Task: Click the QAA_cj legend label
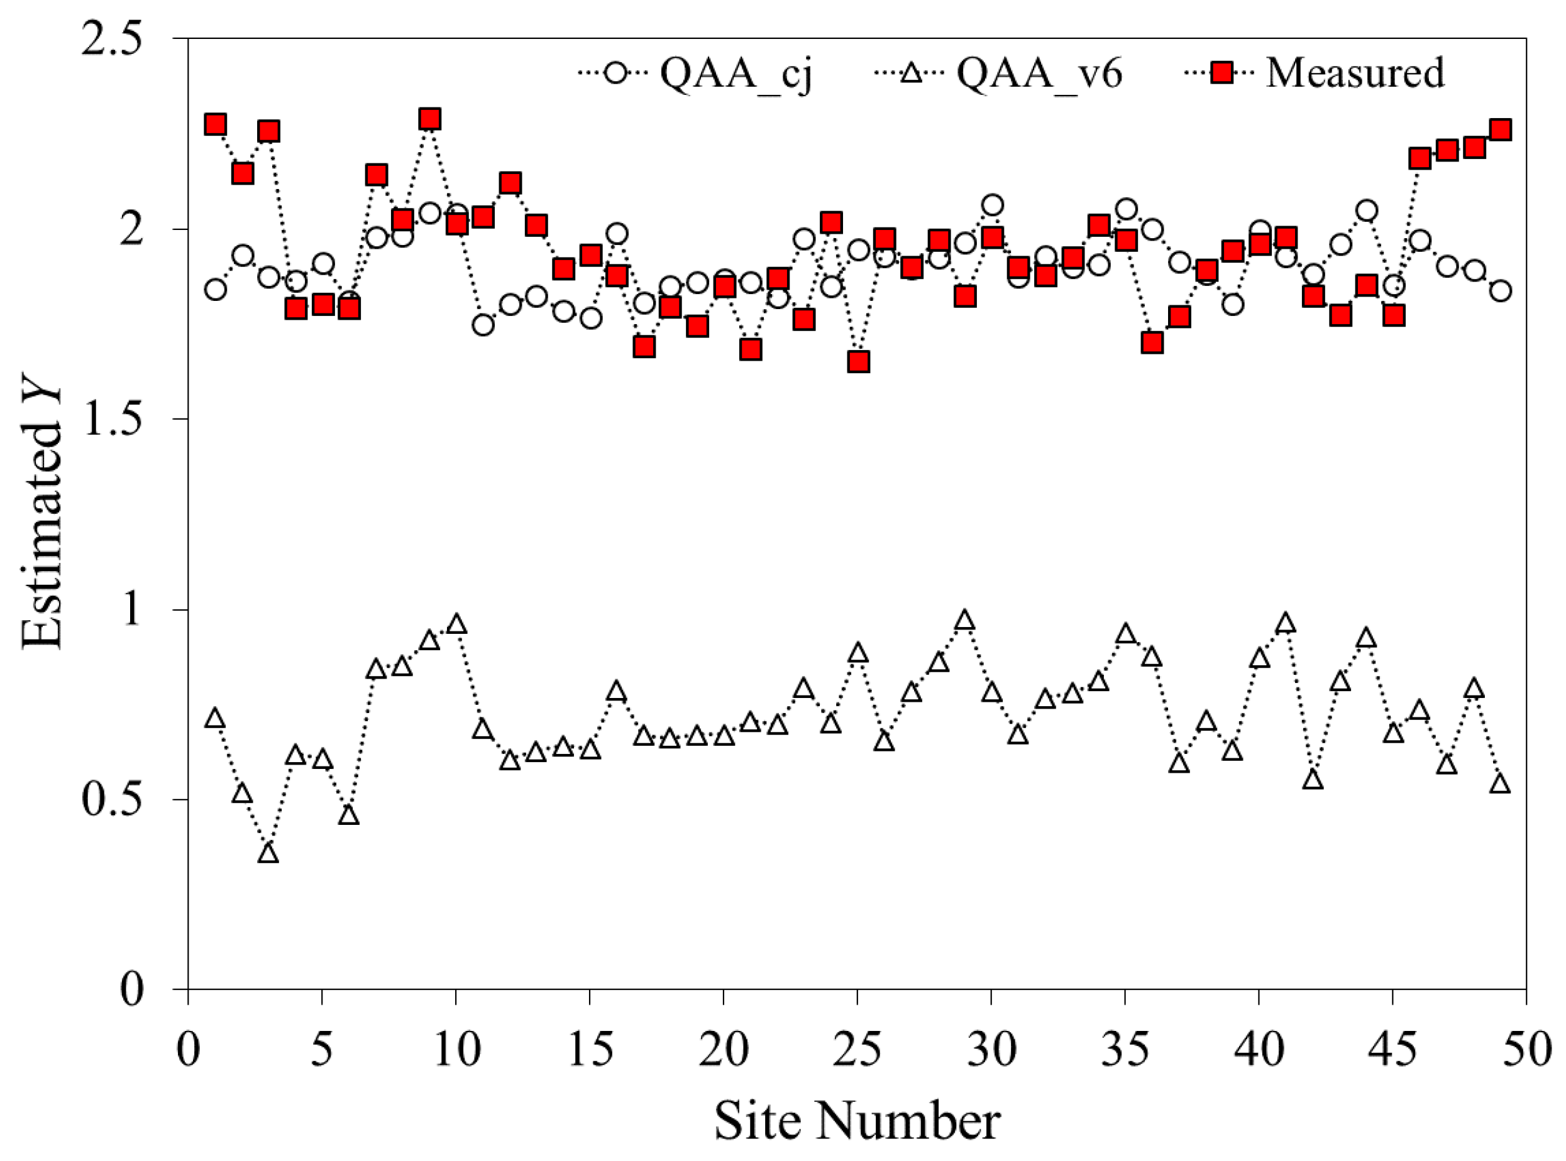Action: (736, 73)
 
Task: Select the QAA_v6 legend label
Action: (1039, 73)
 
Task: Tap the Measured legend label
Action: (1355, 72)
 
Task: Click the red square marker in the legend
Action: (1223, 72)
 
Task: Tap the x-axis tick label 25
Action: (857, 1049)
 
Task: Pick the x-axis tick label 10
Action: (456, 1049)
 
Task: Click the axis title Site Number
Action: (857, 1121)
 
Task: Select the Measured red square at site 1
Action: (215, 124)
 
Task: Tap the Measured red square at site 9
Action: (429, 119)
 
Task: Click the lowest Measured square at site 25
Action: (858, 362)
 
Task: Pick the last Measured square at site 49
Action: (1500, 130)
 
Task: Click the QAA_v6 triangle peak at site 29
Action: (965, 621)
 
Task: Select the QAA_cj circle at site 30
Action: (991, 205)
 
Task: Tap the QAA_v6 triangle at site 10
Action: (456, 624)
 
